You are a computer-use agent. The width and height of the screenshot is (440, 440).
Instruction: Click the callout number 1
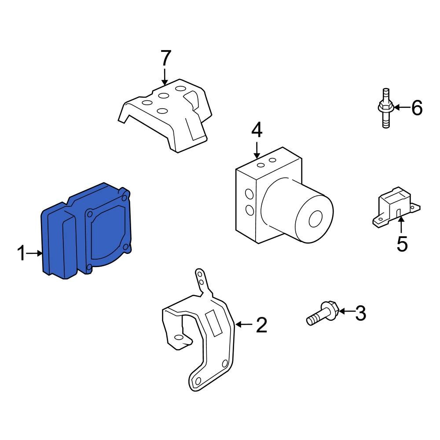[21, 253]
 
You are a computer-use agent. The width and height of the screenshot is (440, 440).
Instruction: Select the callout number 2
[261, 325]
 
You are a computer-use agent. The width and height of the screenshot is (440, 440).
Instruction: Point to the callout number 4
[257, 131]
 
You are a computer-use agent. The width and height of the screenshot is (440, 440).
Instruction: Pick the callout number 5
[402, 244]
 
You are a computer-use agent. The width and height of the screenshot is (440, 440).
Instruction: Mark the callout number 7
[165, 58]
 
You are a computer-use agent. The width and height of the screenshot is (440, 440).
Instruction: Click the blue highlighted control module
[86, 231]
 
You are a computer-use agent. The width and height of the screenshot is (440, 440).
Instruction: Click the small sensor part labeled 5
[396, 206]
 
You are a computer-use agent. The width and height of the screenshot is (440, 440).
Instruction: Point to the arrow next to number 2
[244, 325]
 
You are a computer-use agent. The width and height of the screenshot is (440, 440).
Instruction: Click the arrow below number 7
[165, 76]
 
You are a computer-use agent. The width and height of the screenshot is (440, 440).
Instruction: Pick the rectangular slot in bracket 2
[214, 323]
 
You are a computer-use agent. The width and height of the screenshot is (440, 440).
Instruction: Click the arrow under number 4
[257, 150]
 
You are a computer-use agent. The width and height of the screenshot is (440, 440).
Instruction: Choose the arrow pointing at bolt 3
[346, 311]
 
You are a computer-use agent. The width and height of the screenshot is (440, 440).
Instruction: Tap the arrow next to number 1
[34, 253]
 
